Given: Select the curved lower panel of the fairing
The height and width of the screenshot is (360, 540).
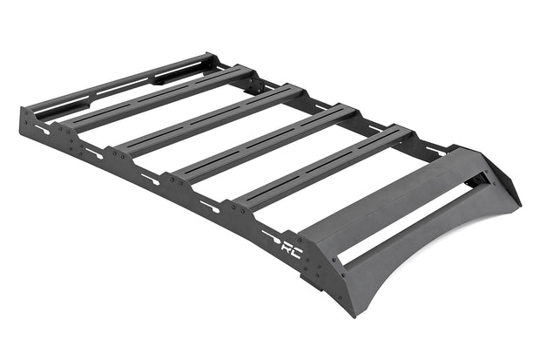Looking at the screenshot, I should pos(418,262).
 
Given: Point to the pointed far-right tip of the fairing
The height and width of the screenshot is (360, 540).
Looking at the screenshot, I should pos(518,205).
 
